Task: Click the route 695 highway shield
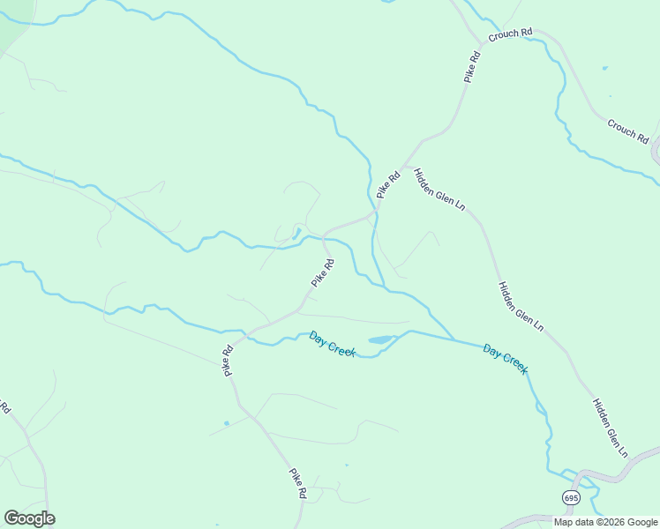[x=571, y=498]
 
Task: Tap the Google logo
[x=29, y=518]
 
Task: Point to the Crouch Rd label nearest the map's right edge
[x=627, y=131]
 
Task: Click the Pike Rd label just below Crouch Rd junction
[x=472, y=68]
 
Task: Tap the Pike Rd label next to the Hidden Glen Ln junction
[x=388, y=184]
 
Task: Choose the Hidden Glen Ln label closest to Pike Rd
[x=439, y=189]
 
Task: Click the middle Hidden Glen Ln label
[x=520, y=306]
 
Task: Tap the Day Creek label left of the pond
[x=332, y=344]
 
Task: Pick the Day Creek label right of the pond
[x=506, y=359]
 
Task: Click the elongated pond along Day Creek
[x=380, y=339]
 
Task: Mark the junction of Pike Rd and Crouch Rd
[x=483, y=41]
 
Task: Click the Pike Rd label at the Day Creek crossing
[x=228, y=361]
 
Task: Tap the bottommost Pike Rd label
[x=297, y=484]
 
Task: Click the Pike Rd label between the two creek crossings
[x=322, y=272]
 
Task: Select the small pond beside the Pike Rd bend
[x=296, y=234]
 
